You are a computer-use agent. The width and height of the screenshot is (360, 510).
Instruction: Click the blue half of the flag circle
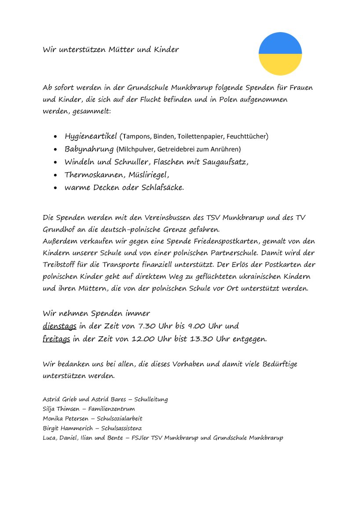(x=280, y=43)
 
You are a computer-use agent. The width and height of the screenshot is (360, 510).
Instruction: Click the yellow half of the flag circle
(x=280, y=64)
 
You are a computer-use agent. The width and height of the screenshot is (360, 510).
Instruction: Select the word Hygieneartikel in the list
(x=91, y=136)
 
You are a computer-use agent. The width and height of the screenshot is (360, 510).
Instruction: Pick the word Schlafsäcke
(x=163, y=188)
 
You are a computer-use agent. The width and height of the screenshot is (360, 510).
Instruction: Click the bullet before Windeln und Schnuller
(x=55, y=163)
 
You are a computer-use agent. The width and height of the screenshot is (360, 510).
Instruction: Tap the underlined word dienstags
(x=59, y=326)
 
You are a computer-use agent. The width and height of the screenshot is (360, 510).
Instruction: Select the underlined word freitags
(x=57, y=339)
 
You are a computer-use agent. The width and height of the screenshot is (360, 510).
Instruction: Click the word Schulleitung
(x=151, y=399)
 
